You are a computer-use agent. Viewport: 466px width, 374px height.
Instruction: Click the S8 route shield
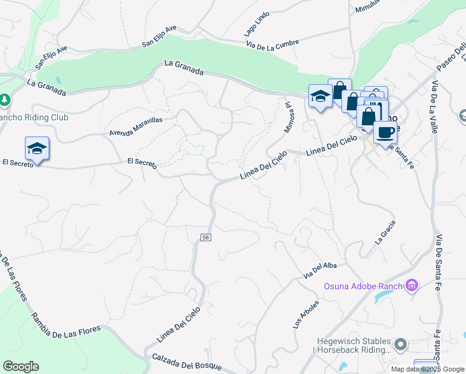206,237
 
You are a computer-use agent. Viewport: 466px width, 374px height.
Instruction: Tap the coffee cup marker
385,133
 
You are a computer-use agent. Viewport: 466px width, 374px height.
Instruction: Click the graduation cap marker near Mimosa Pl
320,97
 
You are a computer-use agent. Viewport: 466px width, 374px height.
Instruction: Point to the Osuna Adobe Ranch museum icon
411,286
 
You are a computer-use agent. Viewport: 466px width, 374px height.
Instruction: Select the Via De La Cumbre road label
273,44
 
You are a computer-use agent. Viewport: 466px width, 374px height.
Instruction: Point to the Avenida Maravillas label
136,126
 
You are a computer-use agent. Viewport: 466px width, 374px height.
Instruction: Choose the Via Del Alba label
320,270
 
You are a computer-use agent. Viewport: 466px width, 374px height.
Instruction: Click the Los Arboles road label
306,315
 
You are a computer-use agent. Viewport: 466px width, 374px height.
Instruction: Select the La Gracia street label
385,233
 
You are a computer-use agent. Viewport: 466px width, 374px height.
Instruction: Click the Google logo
21,367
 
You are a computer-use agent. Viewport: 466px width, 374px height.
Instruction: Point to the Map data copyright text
428,369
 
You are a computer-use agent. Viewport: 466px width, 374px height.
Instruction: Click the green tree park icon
4,100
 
